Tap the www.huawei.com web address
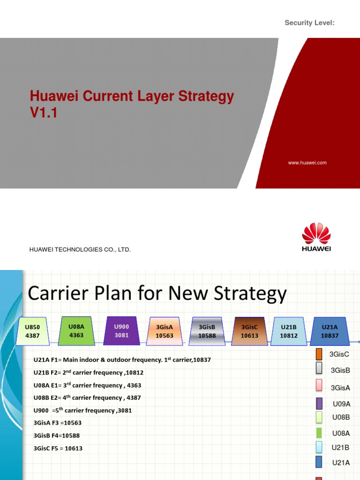tap(307, 163)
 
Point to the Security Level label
tap(309, 23)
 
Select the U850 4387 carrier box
tap(33, 331)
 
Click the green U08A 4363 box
tap(76, 331)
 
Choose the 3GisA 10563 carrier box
tap(164, 331)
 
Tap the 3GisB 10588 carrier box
tap(207, 331)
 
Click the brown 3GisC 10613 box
tap(249, 331)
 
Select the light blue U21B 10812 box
tap(289, 331)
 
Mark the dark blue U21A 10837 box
tap(330, 331)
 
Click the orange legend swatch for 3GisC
tap(319, 354)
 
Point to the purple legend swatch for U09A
tap(319, 403)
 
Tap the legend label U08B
tap(341, 417)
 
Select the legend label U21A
tap(341, 463)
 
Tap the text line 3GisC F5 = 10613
tap(58, 448)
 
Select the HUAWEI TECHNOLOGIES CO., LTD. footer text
tap(80, 250)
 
